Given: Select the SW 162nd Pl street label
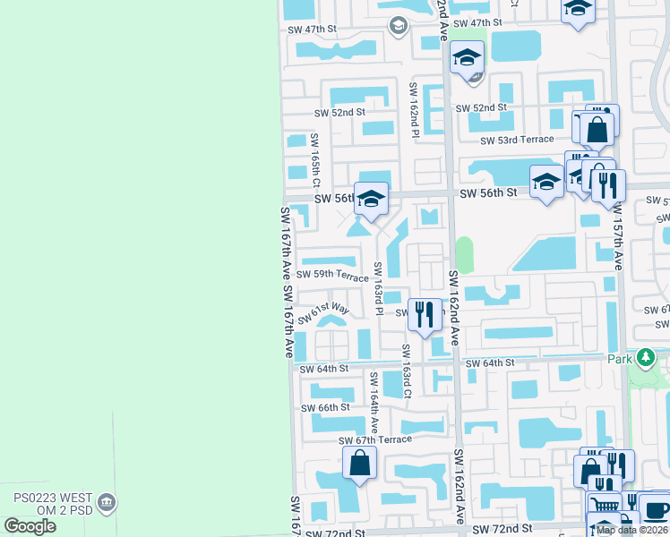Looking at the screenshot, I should pyautogui.click(x=414, y=110).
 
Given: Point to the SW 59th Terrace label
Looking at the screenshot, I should pyautogui.click(x=332, y=276).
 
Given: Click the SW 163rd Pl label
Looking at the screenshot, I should pyautogui.click(x=379, y=288).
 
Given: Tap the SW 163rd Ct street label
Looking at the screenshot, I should pyautogui.click(x=406, y=371).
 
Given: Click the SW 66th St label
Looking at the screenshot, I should pyautogui.click(x=327, y=407).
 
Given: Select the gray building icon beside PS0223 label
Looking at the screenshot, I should pyautogui.click(x=107, y=503).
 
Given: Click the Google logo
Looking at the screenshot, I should pyautogui.click(x=30, y=525).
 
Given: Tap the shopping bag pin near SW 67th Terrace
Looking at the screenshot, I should pyautogui.click(x=359, y=463).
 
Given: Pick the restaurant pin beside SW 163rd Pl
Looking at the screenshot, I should pyautogui.click(x=425, y=313).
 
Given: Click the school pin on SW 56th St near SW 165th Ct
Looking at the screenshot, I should pyautogui.click(x=370, y=199).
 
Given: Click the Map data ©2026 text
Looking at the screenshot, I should pyautogui.click(x=631, y=530).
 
